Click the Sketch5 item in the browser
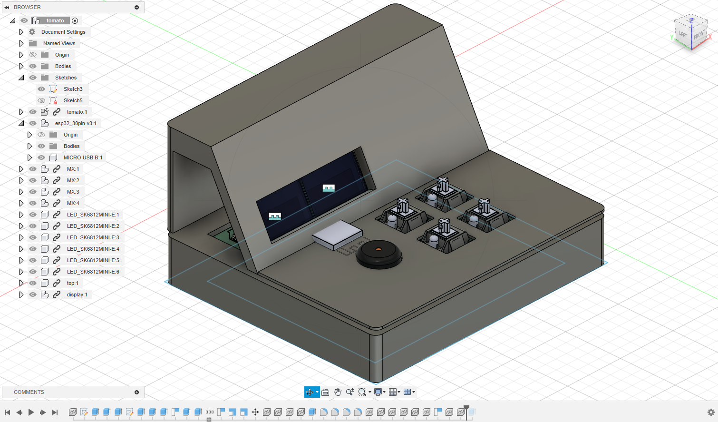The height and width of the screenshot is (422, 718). click(x=73, y=100)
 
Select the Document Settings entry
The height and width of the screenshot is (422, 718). click(x=63, y=32)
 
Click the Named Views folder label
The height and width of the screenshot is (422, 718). click(x=59, y=43)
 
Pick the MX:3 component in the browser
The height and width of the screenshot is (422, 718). click(x=73, y=192)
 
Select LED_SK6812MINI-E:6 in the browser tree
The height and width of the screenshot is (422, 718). click(x=93, y=272)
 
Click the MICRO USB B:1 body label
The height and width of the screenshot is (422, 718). click(x=83, y=157)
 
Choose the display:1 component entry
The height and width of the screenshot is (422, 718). click(x=77, y=294)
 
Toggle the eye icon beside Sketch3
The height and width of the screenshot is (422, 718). click(x=41, y=89)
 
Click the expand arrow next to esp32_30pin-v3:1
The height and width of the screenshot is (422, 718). click(x=21, y=123)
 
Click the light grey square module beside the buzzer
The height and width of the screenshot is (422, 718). click(x=338, y=234)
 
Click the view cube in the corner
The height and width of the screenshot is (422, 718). click(x=691, y=33)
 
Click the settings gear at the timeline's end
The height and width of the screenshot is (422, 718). click(x=711, y=412)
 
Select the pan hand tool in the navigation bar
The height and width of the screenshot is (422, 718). click(x=338, y=392)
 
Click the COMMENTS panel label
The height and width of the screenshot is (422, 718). click(x=29, y=392)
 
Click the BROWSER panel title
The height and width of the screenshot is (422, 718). click(x=27, y=7)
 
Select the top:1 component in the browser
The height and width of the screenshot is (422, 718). click(x=73, y=283)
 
